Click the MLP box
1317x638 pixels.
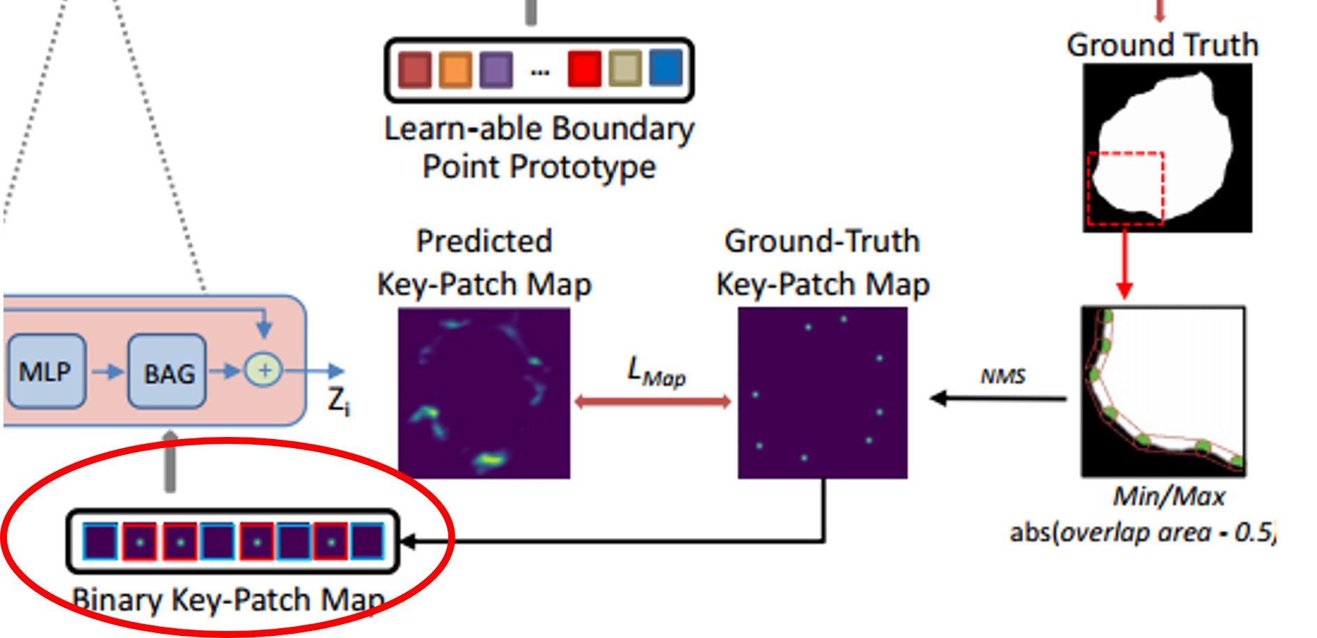point(45,371)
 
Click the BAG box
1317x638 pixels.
point(168,372)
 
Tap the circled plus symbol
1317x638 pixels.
point(264,370)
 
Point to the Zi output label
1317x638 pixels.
point(338,401)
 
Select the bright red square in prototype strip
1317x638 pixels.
point(584,69)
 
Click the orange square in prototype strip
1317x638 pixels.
point(455,70)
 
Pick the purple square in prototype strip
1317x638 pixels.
point(496,70)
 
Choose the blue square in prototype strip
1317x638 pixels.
point(665,67)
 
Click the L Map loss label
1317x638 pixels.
point(655,372)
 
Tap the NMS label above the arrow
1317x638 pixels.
point(1003,376)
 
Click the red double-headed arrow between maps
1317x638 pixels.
point(653,401)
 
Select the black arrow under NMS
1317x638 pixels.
point(998,399)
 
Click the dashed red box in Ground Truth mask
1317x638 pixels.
point(1126,188)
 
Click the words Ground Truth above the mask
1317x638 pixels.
point(1162,45)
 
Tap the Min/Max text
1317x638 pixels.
point(1169,497)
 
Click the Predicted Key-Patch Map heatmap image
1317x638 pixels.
point(484,393)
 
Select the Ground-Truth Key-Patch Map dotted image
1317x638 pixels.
point(822,393)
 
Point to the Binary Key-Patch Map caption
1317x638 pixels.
point(228,600)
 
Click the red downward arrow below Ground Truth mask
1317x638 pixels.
point(1124,264)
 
